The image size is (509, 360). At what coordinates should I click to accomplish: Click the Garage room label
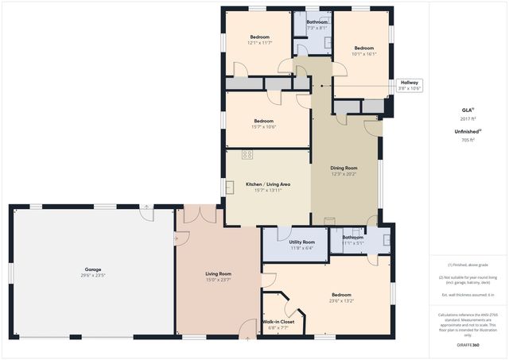pos(93,269)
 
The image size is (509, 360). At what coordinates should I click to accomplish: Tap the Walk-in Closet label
pos(278,322)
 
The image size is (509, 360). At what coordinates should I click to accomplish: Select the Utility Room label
pos(301,242)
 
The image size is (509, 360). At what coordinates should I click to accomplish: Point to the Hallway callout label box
pos(409,85)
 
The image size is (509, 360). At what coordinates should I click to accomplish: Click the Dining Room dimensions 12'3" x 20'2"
pos(344,174)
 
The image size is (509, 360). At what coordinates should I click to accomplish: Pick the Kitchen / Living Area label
pos(267,184)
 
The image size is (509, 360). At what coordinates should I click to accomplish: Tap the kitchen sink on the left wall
pos(230,187)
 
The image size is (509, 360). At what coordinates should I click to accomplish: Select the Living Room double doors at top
pos(199,214)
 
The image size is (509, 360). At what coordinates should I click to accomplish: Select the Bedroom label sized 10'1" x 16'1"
pos(363,48)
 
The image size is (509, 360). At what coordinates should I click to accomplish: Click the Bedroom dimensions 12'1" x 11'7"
pos(260,43)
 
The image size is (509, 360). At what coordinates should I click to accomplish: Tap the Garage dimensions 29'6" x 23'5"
pos(93,276)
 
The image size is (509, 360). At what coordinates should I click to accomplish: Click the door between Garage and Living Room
pos(177,237)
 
